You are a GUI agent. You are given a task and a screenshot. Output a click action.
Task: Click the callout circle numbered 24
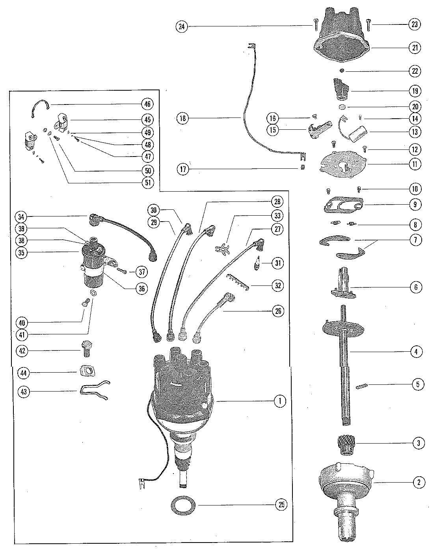pyautogui.click(x=181, y=27)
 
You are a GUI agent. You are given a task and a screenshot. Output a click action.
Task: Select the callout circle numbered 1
pyautogui.click(x=280, y=401)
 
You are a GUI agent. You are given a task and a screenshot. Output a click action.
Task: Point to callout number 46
pyautogui.click(x=147, y=104)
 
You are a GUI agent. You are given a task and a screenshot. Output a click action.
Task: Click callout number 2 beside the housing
pyautogui.click(x=419, y=482)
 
